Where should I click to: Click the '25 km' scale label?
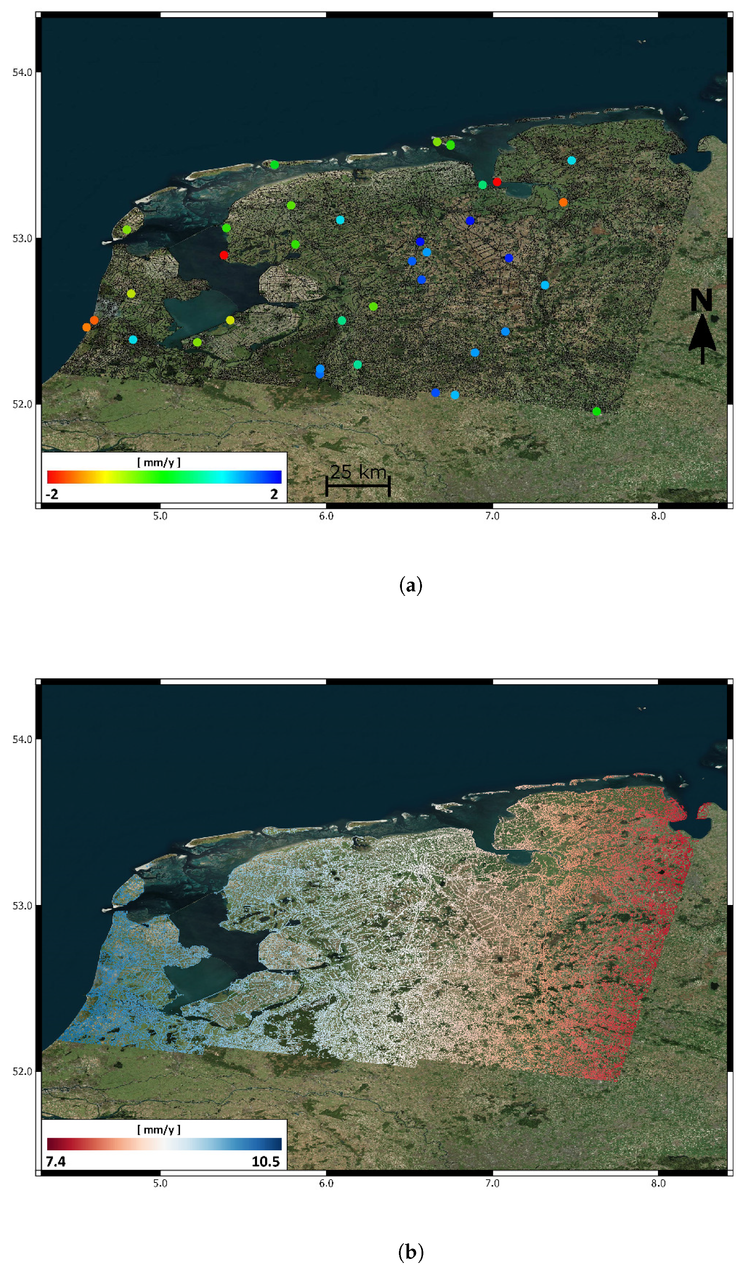(x=358, y=472)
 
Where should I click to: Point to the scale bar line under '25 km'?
(x=358, y=486)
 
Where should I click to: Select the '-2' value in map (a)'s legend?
(x=52, y=494)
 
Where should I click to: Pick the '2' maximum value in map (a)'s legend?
(x=274, y=494)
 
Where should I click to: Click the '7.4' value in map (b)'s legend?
(x=55, y=1162)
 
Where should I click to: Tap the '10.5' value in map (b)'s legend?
(x=266, y=1162)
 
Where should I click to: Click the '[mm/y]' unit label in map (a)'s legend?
(x=158, y=463)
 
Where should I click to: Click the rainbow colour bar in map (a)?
(x=164, y=477)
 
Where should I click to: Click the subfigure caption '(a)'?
(x=410, y=586)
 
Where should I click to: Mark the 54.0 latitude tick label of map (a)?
(x=22, y=72)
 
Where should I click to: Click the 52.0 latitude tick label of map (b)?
(x=22, y=1072)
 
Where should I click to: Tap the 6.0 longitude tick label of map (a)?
(x=326, y=516)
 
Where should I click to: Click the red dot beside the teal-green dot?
(x=496, y=182)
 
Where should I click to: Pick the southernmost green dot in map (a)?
(x=597, y=412)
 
